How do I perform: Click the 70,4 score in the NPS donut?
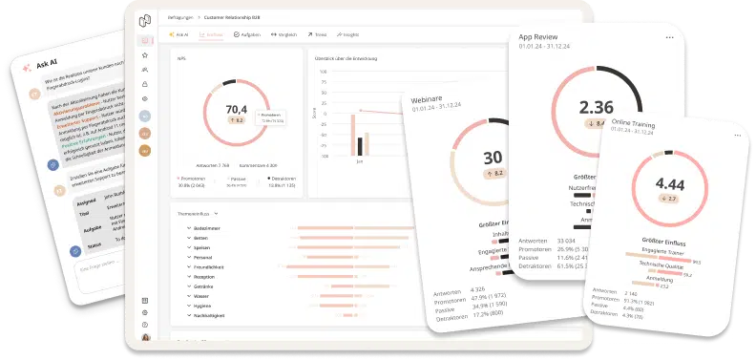pos(236,109)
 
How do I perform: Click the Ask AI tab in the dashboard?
pos(178,34)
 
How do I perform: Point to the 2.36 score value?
pos(597,107)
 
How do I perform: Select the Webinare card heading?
pos(430,99)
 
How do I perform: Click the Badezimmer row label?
pos(207,228)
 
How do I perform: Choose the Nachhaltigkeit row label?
pos(211,314)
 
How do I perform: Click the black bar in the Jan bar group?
pos(360,146)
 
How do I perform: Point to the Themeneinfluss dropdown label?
pos(195,214)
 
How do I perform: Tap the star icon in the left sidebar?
pos(144,55)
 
